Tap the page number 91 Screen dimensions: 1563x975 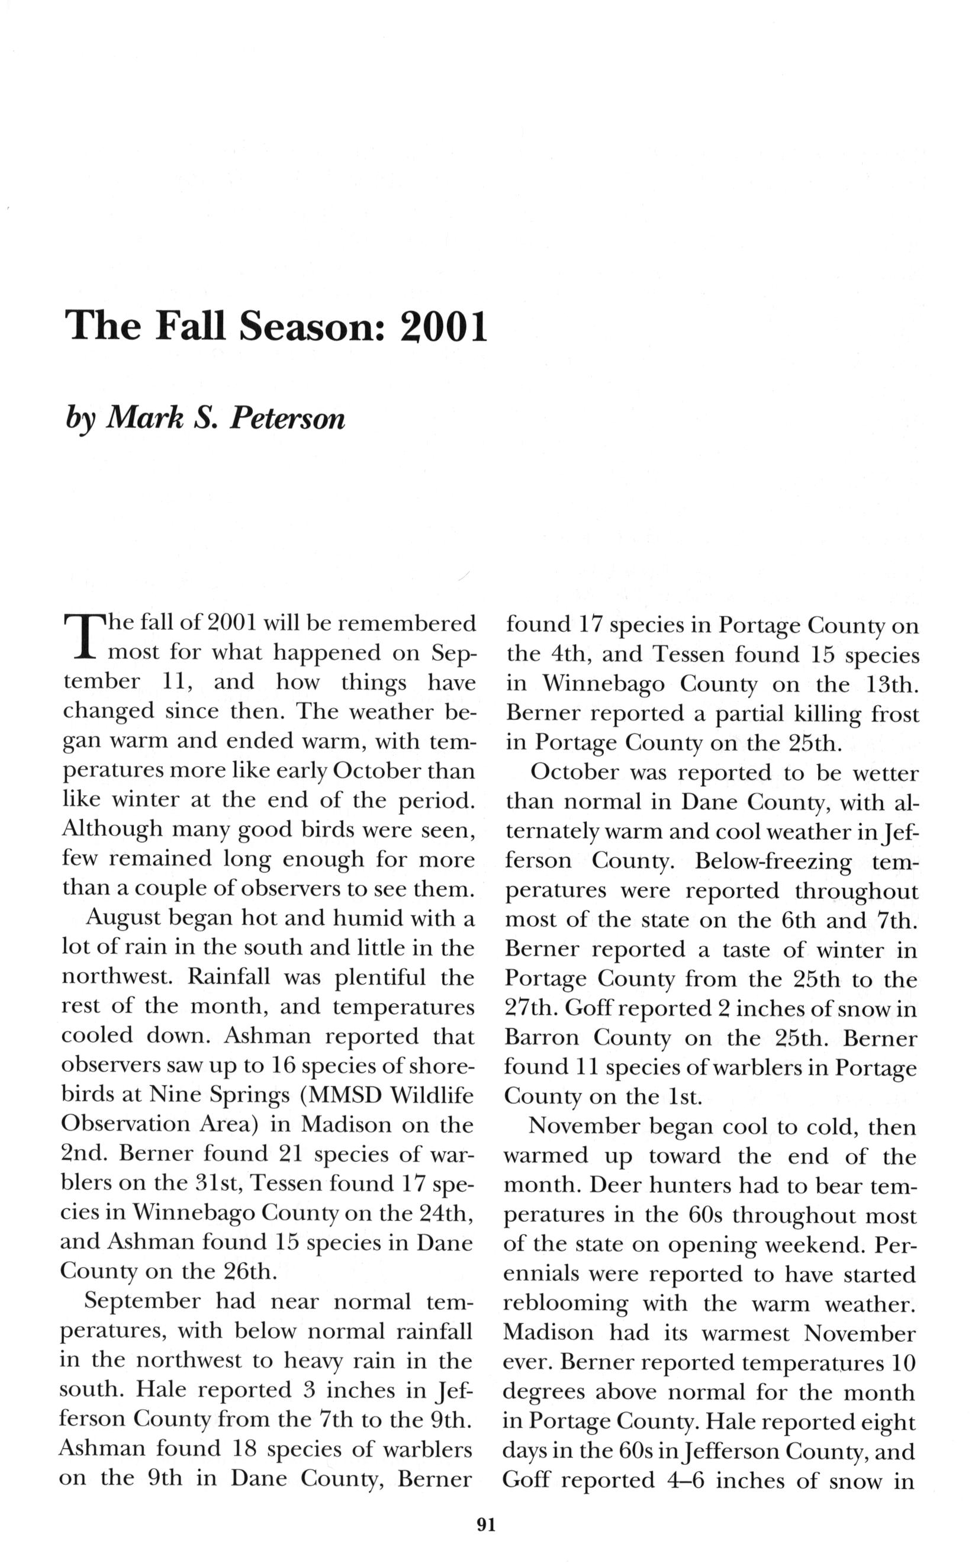pos(486,1525)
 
